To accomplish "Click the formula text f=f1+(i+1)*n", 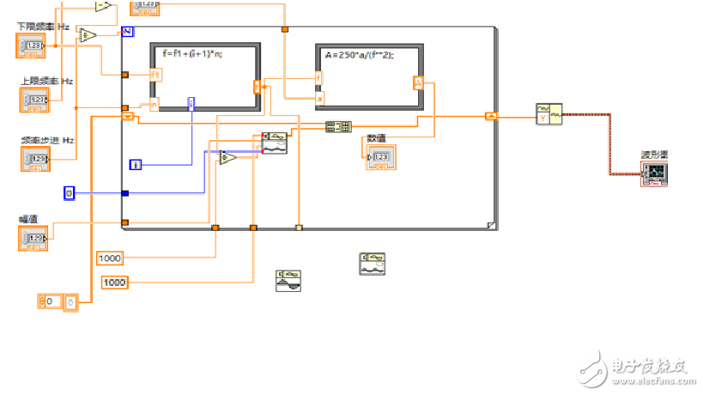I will point(193,54).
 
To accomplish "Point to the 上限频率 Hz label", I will point(47,82).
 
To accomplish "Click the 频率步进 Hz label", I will point(48,140).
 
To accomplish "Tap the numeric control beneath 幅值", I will point(35,238).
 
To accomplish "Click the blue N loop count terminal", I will point(127,32).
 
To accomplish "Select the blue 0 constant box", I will point(70,193).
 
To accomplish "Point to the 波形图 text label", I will point(654,155).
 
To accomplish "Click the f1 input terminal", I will point(155,75).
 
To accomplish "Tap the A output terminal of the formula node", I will point(418,82).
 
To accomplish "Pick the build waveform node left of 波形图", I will point(548,114).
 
